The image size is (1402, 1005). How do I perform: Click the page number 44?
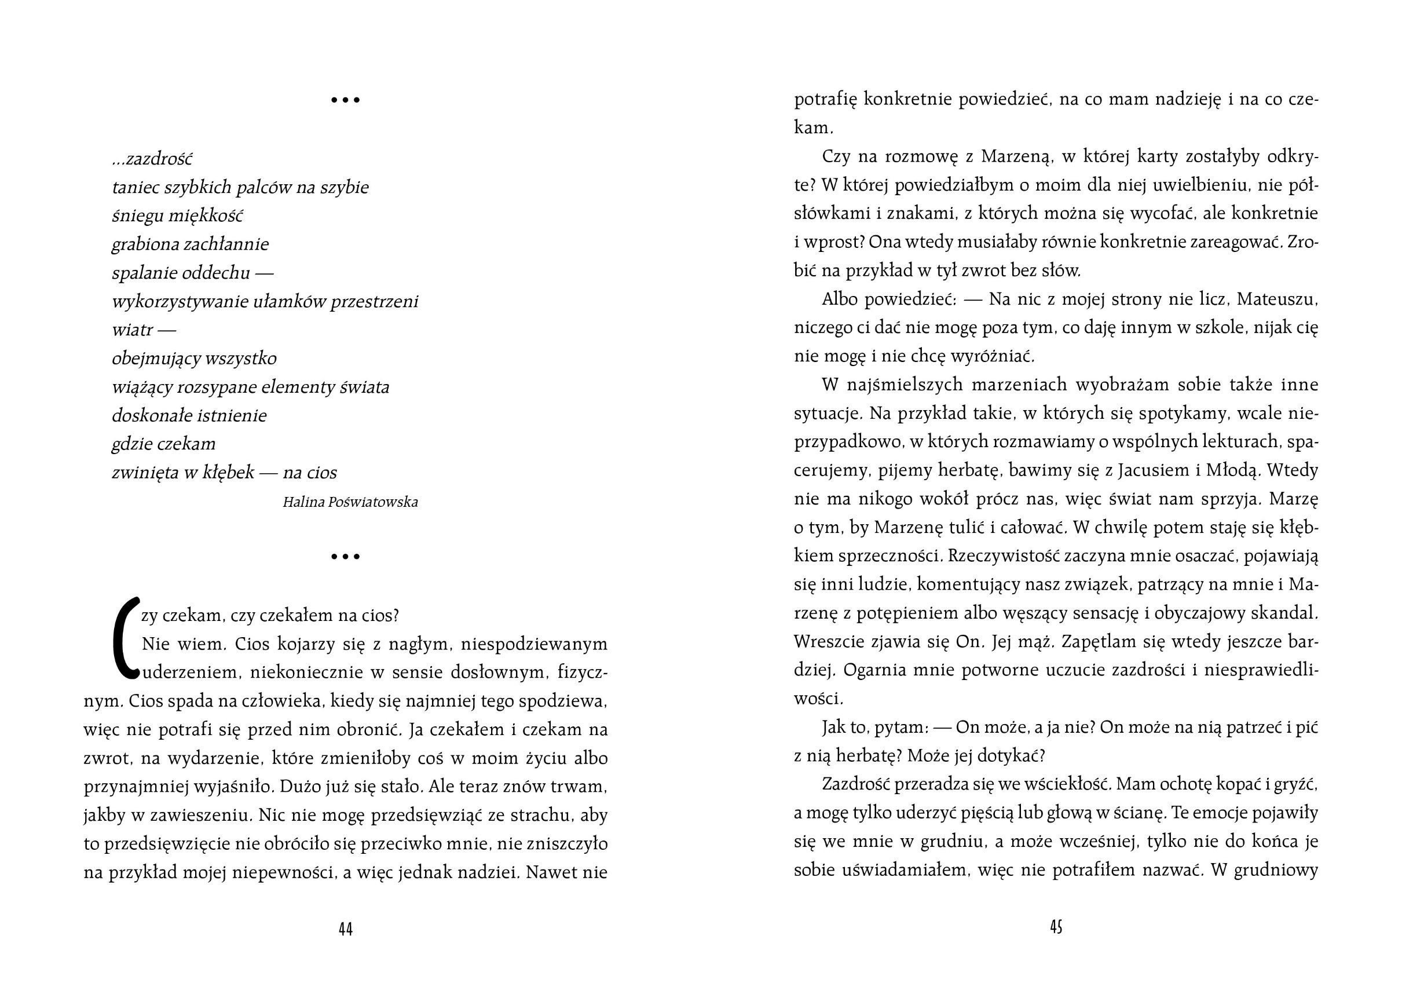click(x=346, y=929)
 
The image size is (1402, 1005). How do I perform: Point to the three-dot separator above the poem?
click(x=346, y=100)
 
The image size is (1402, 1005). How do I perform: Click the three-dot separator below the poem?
click(x=346, y=557)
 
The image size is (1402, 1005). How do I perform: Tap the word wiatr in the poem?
click(x=131, y=330)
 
